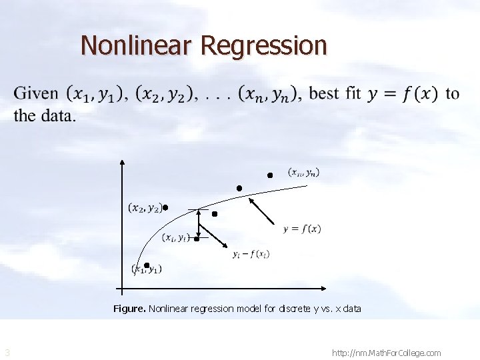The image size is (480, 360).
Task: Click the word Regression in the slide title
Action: coord(263,46)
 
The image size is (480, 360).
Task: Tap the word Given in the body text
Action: coord(35,93)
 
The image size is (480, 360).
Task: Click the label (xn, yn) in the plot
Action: coord(304,173)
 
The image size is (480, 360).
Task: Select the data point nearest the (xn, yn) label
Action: coord(270,175)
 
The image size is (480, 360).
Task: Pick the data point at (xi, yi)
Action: coord(197,238)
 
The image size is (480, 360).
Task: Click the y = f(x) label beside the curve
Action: coord(302,229)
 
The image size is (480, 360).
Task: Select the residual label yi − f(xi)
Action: coord(251,254)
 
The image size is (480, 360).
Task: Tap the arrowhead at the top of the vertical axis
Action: coord(122,162)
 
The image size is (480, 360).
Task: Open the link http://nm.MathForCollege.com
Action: coord(386,353)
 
